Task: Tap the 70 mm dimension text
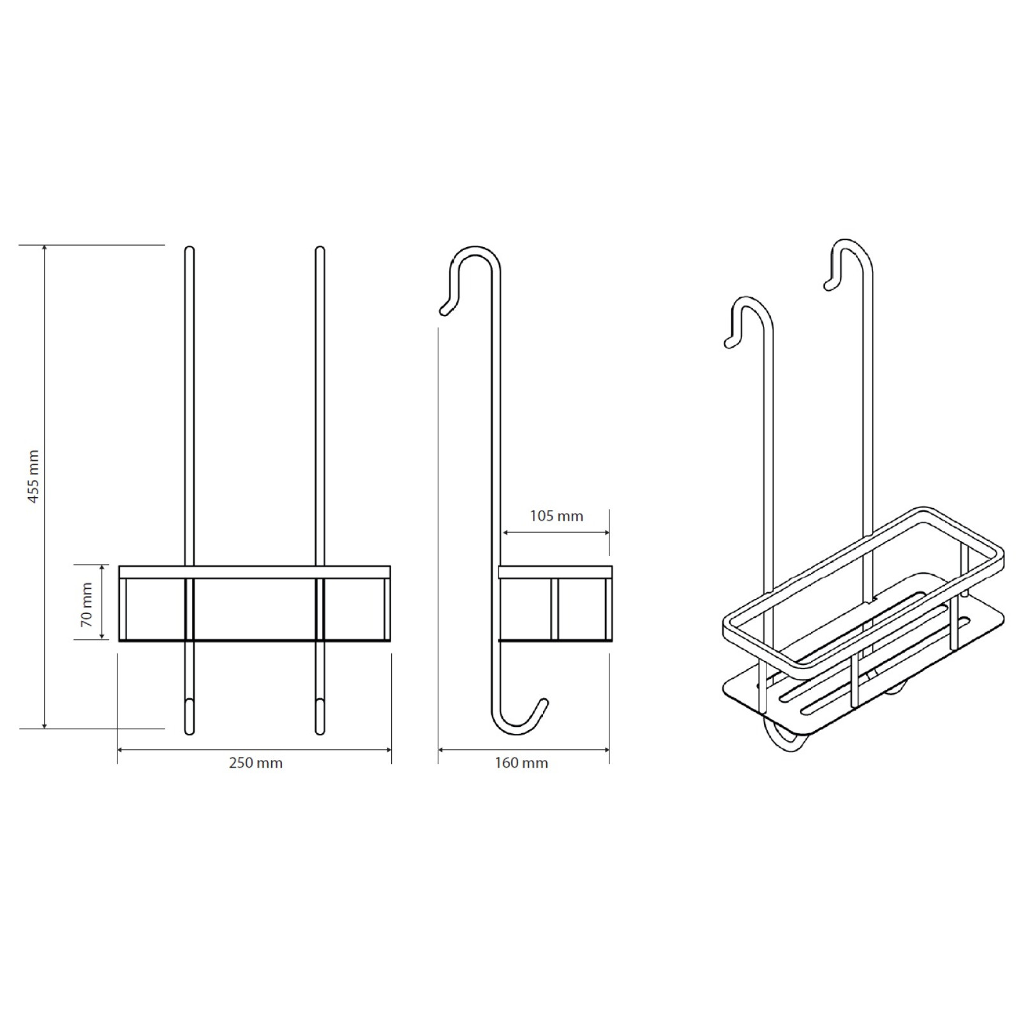pyautogui.click(x=87, y=604)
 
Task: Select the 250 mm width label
pyautogui.click(x=256, y=763)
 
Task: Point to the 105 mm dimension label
pyautogui.click(x=556, y=516)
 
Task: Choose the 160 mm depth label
pyautogui.click(x=521, y=763)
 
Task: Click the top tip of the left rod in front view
pyautogui.click(x=189, y=248)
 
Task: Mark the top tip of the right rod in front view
pyautogui.click(x=320, y=248)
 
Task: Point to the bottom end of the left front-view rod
pyautogui.click(x=189, y=733)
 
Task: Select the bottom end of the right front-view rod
pyautogui.click(x=320, y=733)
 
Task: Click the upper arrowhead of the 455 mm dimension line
pyautogui.click(x=44, y=248)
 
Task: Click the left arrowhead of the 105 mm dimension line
pyautogui.click(x=507, y=532)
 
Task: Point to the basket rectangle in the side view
pyautogui.click(x=555, y=603)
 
